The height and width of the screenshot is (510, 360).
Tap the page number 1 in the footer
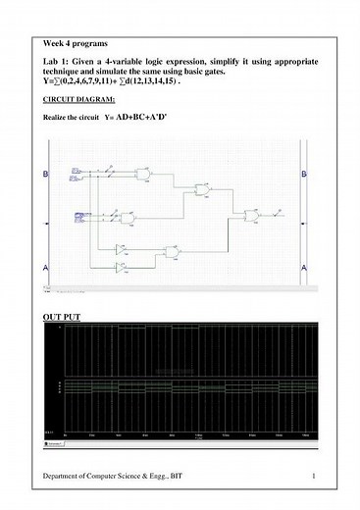(x=311, y=476)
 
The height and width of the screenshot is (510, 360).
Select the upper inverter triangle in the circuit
(x=122, y=248)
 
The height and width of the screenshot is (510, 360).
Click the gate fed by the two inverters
(x=172, y=256)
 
